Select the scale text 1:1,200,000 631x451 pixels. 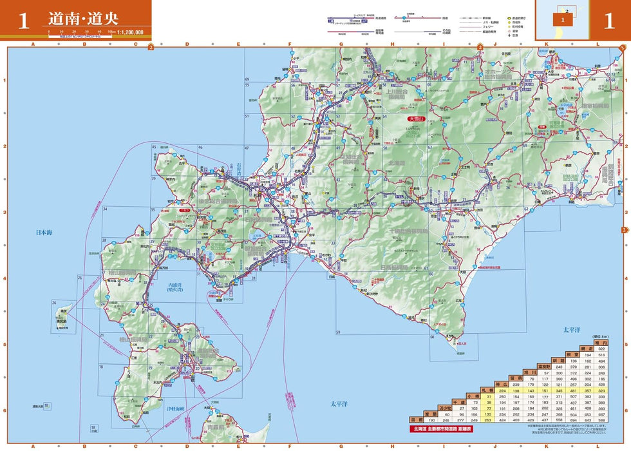click(130, 31)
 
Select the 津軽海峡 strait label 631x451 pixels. click(178, 408)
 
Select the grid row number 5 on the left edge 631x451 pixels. click(5, 344)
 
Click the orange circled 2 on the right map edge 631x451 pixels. click(624, 230)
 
